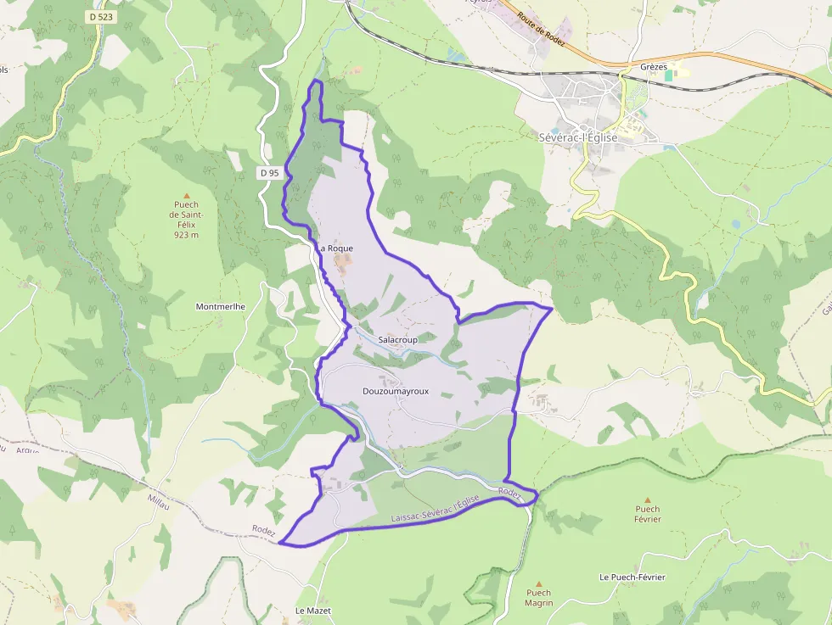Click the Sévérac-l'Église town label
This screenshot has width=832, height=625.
coord(578,137)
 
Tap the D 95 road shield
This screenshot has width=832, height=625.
coord(269,173)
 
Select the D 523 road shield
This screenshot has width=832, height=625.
coord(101,16)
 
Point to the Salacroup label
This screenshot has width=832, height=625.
coord(397,339)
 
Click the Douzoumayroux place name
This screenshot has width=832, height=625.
coord(396,391)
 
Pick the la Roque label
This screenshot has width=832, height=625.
coord(336,248)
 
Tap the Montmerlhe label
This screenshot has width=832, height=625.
coord(221,306)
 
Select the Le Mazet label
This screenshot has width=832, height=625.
coord(312,611)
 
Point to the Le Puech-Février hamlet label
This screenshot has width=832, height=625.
coord(632,577)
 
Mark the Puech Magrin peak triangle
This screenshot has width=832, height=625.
coord(538,583)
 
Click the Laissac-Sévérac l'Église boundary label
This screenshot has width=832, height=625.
coord(436,509)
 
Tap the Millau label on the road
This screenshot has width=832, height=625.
coord(159,503)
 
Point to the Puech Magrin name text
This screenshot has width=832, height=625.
coord(538,598)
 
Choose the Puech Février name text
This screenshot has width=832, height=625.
coord(648,514)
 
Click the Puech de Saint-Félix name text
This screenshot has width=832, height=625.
coord(184,215)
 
